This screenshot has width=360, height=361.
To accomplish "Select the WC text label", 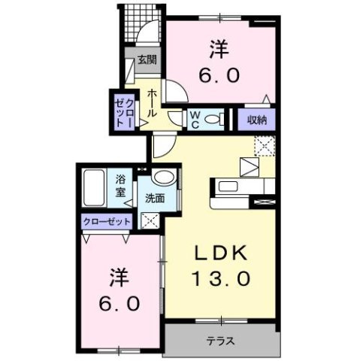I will tap(194, 118).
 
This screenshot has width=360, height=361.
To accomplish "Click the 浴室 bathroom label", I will tap(120, 186).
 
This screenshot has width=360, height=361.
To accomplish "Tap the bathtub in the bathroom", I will tap(95, 190).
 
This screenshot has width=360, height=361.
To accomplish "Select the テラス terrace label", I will tap(221, 341).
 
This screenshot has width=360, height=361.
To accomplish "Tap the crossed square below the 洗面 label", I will tap(149, 221).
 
